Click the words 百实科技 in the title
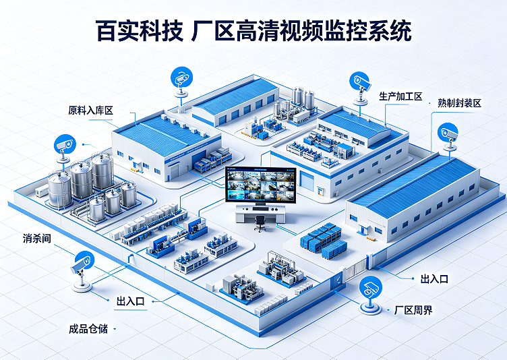pyautogui.click(x=140, y=31)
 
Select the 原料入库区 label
pyautogui.click(x=90, y=111)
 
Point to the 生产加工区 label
pyautogui.click(x=400, y=96)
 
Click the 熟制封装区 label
pyautogui.click(x=460, y=103)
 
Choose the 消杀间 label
pyautogui.click(x=37, y=239)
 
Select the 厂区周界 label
pyautogui.click(x=413, y=310)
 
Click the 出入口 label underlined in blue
pyautogui.click(x=131, y=301)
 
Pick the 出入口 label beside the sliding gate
pyautogui.click(x=434, y=279)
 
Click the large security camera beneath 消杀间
pyautogui.click(x=82, y=271)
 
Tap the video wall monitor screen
pyautogui.click(x=261, y=185)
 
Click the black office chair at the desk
pyautogui.click(x=260, y=223)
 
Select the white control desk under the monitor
pyautogui.click(x=260, y=214)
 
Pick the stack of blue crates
pyautogui.click(x=324, y=240)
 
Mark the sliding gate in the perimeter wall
pyautogui.click(x=355, y=268)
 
